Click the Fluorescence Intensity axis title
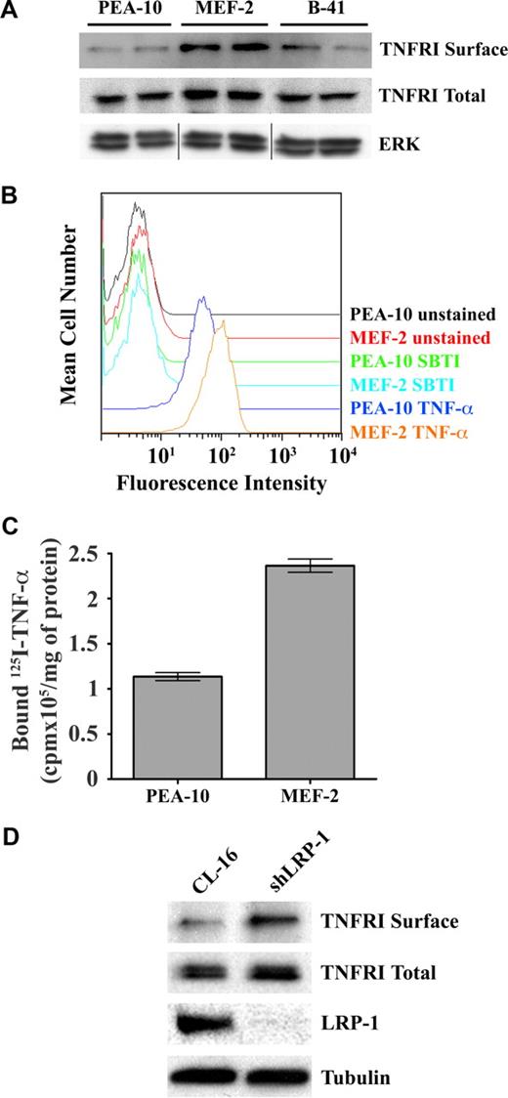coord(221,483)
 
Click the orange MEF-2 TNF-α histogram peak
coord(223,321)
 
